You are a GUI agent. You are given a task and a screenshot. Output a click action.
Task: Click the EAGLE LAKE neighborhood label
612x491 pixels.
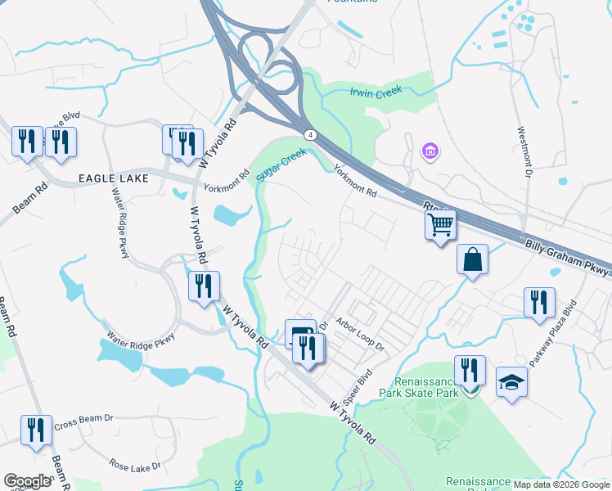coord(111,178)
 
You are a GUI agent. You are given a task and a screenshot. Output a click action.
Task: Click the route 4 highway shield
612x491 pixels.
coord(309,134)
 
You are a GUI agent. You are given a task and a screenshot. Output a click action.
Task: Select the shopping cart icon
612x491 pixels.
coord(441,223)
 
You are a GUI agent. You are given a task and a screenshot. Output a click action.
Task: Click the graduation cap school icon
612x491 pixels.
coord(512,382)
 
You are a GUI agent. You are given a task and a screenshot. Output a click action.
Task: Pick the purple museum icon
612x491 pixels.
coord(429,151)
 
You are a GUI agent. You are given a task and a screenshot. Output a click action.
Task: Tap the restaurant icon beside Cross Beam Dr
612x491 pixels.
coord(36,430)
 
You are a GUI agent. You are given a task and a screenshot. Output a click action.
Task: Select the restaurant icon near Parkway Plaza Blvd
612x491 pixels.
coord(539,302)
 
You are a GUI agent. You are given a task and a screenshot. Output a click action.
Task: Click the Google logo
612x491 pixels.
coord(27,481)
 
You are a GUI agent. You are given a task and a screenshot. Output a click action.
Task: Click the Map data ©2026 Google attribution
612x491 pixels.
coord(560,484)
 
